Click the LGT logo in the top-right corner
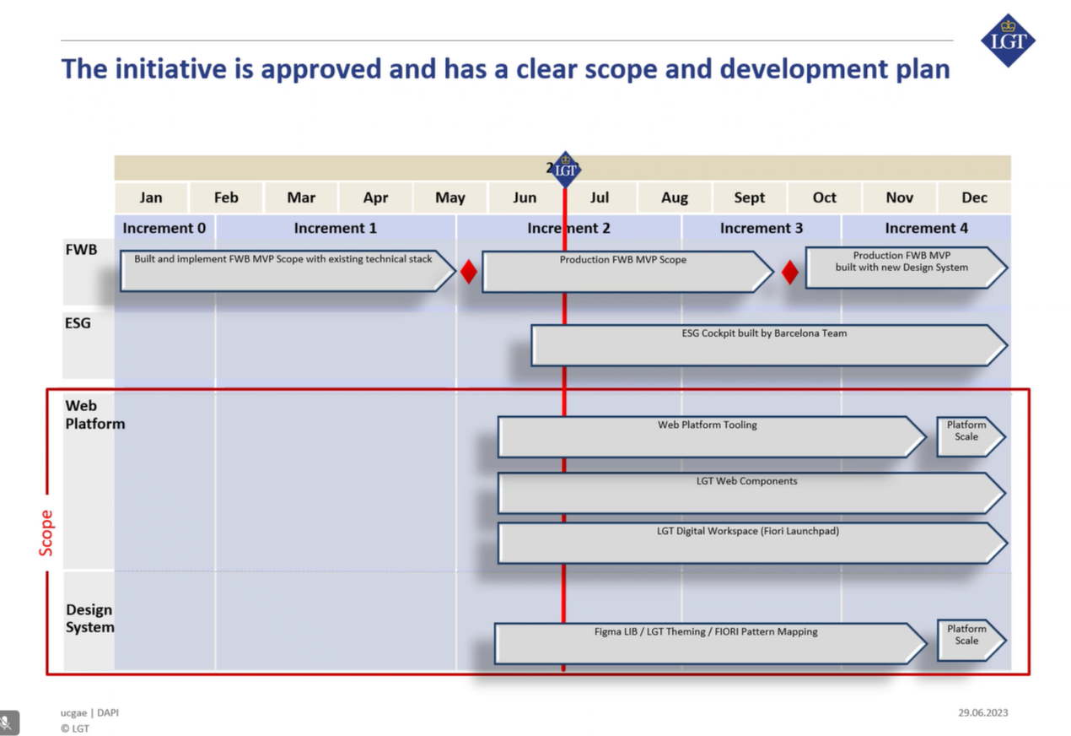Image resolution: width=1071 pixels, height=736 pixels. coord(1008,40)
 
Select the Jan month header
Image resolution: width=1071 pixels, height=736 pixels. coord(151,198)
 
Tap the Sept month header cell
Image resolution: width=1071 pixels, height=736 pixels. coord(749,198)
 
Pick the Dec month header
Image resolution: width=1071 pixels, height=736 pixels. coord(974,198)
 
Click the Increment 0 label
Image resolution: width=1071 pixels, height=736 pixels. coord(164,228)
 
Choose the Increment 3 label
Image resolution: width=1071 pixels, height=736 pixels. coord(761,228)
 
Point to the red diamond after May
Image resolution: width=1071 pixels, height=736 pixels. coord(469,272)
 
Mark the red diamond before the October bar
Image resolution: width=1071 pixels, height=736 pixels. coord(789,272)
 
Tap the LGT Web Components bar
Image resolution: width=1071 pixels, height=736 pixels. coord(746,493)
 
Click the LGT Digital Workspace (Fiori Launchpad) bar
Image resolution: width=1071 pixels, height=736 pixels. coord(747,543)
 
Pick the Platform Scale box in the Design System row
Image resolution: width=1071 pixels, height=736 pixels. coord(968,641)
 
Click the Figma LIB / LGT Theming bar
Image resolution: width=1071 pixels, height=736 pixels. coord(705,643)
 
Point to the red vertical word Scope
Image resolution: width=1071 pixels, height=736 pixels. coord(46,533)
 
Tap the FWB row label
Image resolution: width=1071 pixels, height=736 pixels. coord(81,250)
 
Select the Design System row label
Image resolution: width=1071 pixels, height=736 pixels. coord(89,619)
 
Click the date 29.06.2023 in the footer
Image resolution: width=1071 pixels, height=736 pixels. coord(982,712)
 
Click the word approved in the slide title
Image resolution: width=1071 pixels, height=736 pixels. coord(320,68)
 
